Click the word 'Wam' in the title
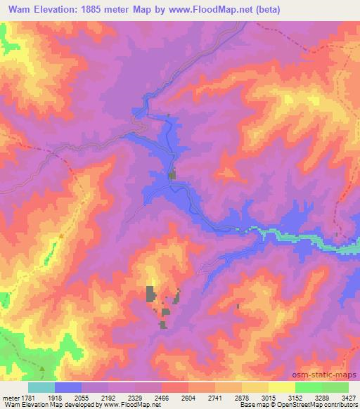click(x=21, y=10)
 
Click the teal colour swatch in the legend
click(x=41, y=387)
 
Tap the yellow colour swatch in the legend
click(x=281, y=387)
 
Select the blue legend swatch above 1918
click(x=68, y=387)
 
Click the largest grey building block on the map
click(x=150, y=294)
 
